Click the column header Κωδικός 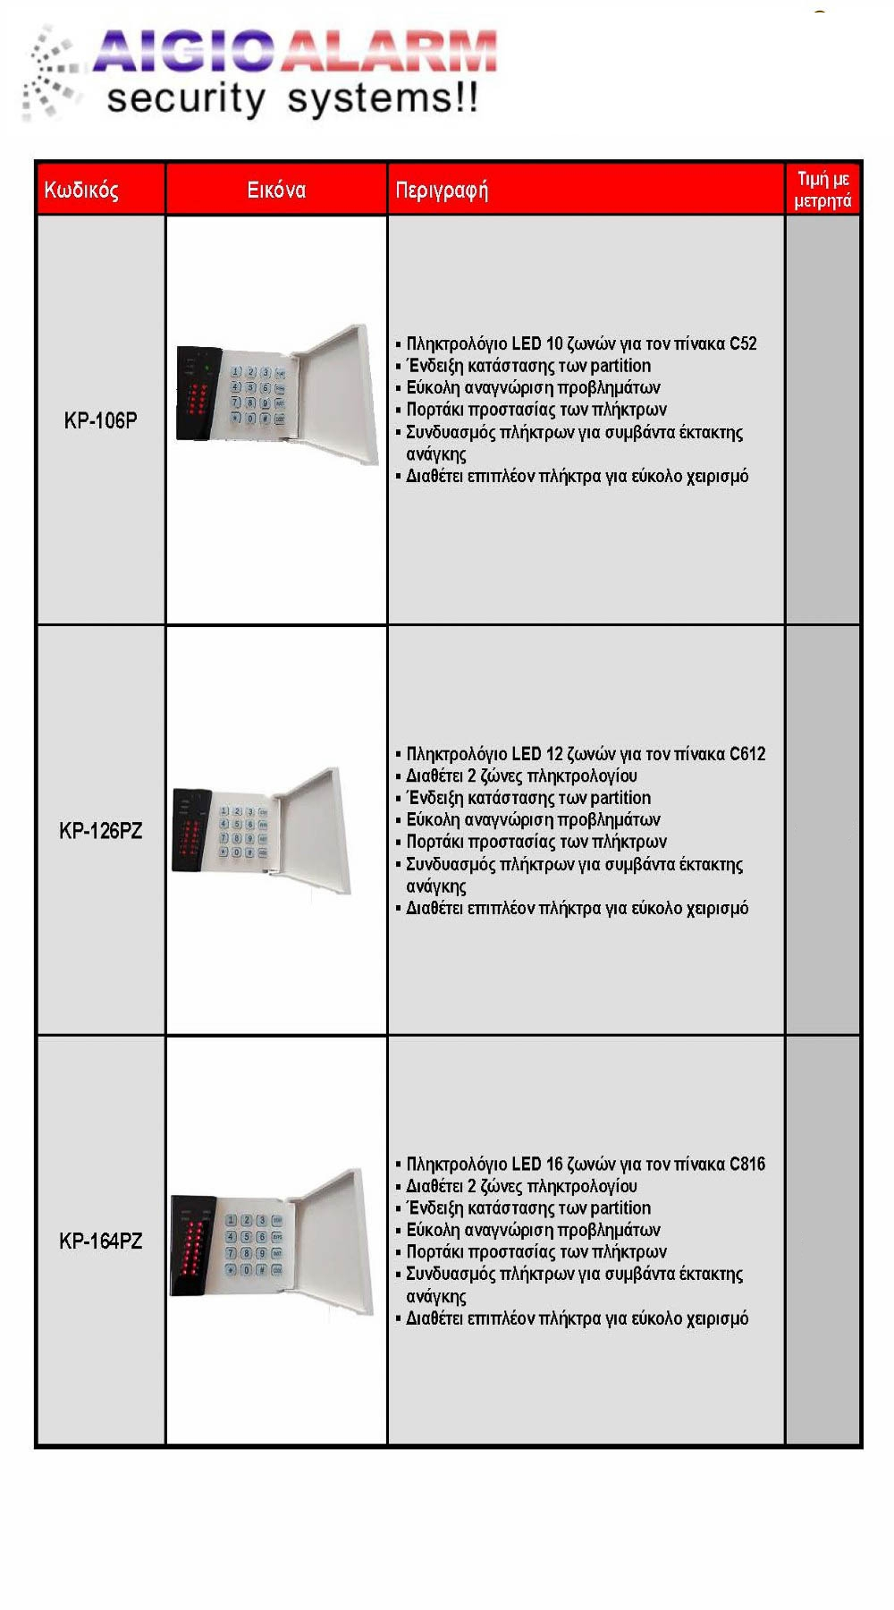81,190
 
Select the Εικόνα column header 276,190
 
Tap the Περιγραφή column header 442,190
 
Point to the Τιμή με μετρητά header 822,190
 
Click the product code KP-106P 100,420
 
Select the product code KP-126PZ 100,831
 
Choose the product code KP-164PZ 100,1241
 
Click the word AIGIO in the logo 183,52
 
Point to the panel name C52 743,343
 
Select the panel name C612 747,754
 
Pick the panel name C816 747,1164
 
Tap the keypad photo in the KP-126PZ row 262,830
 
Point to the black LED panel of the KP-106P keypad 198,394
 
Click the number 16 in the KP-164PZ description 554,1164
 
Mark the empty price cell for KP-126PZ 822,831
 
